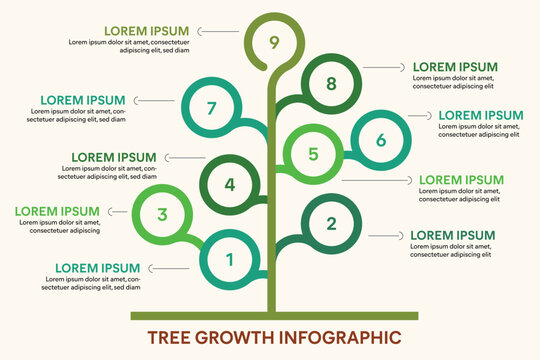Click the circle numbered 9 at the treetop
point(274,42)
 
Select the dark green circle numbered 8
point(331,83)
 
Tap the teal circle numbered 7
point(210,107)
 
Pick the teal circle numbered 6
point(380,140)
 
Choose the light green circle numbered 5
point(313,154)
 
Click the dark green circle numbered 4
point(229,184)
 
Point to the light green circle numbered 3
point(162,213)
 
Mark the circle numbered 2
point(332,224)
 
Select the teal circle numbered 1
point(229,260)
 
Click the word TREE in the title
point(171,337)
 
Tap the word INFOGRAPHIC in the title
point(336,337)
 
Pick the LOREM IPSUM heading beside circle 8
point(455,67)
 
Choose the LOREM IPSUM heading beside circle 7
point(83,100)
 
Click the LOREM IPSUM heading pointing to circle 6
point(481,115)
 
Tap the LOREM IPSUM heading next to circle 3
point(56,211)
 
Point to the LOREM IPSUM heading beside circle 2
point(453,236)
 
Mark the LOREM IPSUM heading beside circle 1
point(97,268)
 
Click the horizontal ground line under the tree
point(274,315)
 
